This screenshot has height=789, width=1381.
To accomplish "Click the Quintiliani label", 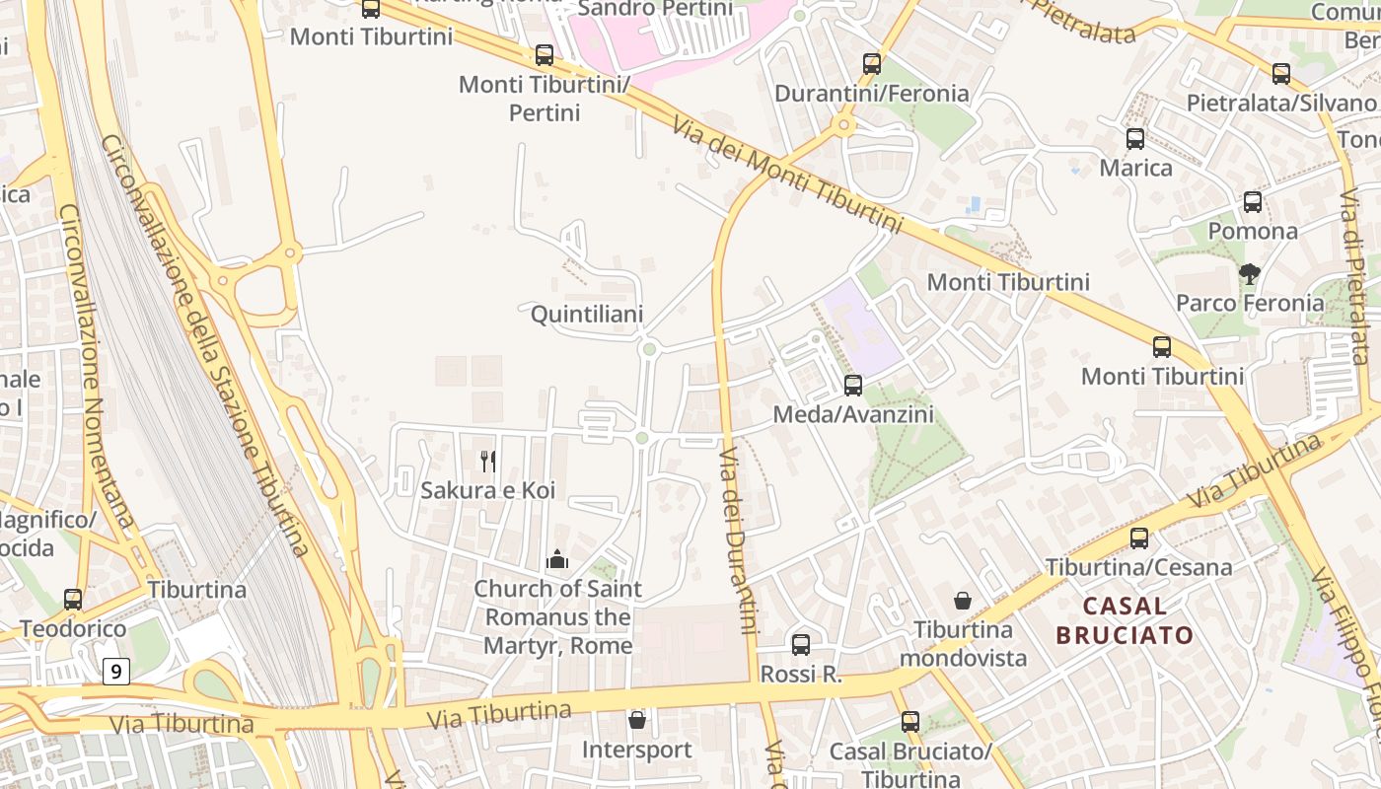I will point(587,315).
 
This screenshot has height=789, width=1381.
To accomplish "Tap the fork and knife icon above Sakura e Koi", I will point(487,460).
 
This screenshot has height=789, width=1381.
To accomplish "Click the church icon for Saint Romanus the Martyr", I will point(557,560).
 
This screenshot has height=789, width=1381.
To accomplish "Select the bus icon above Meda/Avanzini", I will point(853,386).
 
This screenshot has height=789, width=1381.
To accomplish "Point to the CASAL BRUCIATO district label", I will point(1125,620).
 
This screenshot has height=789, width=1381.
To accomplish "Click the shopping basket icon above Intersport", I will point(637,720).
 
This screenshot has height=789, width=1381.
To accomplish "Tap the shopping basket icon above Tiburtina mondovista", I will point(963,601).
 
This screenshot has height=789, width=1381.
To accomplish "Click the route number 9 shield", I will point(116,673).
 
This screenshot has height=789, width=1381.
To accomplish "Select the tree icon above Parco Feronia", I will point(1250,273).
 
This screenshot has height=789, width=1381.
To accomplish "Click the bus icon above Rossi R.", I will point(801,645).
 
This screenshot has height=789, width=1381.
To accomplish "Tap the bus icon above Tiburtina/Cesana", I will point(1139,538).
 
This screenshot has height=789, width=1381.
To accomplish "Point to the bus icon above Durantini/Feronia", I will point(872,64).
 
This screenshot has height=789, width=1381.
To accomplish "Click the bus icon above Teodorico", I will point(73,600).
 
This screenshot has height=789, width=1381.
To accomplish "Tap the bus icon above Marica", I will point(1135,139).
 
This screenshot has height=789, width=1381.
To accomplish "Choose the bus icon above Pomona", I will point(1253,202).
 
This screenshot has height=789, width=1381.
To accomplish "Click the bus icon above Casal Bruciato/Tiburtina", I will point(910,722).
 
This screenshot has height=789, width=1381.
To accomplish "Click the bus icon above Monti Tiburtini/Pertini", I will point(545,55).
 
